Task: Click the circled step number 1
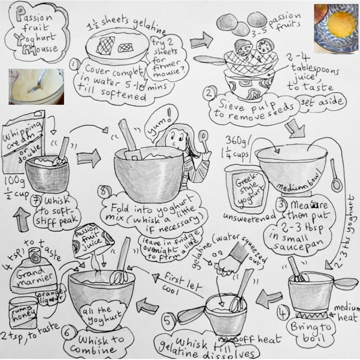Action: (75, 65)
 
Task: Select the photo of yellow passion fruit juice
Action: (336, 28)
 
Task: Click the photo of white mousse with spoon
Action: (36, 86)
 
